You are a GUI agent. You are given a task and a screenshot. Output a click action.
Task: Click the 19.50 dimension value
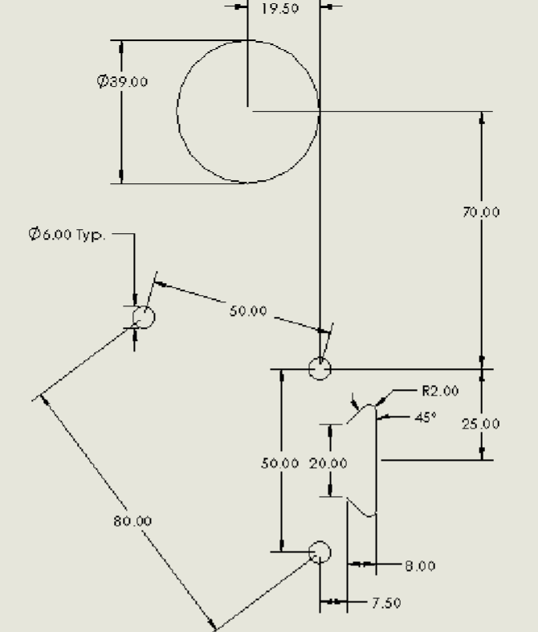[x=280, y=9]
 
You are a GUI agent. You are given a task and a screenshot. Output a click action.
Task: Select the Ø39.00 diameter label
[x=122, y=81]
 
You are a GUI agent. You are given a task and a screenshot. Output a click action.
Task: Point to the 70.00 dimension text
[x=481, y=212]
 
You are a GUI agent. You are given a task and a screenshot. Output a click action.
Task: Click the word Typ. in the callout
[x=91, y=235]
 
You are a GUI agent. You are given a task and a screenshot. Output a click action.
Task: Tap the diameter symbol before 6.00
[x=35, y=234]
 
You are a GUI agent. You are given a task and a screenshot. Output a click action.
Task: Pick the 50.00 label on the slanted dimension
[x=248, y=310]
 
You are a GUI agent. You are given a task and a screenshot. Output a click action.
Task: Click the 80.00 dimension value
[x=132, y=521]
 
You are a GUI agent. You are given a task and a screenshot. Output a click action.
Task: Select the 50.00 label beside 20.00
[x=280, y=463]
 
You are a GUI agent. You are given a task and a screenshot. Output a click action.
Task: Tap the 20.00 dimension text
[x=328, y=463]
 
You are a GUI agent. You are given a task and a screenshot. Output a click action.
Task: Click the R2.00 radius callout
[x=440, y=391]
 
